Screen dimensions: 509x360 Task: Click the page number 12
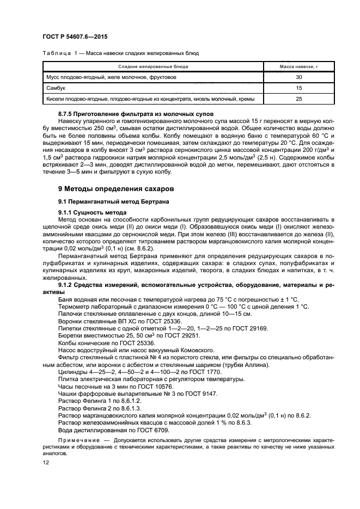[x=45, y=462]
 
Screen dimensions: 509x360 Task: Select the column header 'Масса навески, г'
[x=298, y=66]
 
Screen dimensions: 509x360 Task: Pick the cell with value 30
[x=298, y=77]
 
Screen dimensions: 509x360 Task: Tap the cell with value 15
[x=298, y=88]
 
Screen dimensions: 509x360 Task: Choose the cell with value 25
[x=298, y=99]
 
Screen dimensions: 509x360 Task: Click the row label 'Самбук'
[x=56, y=88]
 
